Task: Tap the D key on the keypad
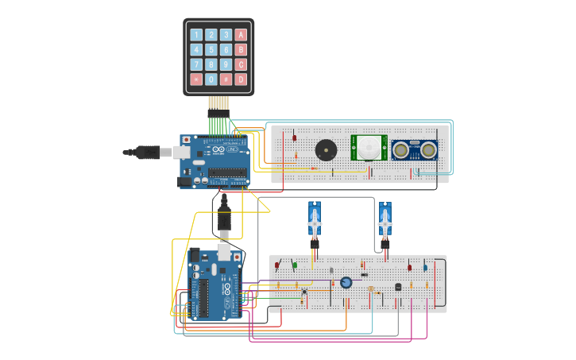click(x=241, y=79)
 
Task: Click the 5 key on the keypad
click(x=211, y=49)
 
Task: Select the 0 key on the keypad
click(x=211, y=79)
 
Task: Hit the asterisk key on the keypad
click(x=196, y=79)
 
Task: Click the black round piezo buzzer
click(x=325, y=149)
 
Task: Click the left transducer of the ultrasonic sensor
click(x=402, y=149)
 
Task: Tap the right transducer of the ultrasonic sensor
click(x=429, y=149)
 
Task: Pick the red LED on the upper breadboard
click(x=295, y=138)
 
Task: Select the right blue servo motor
click(x=385, y=220)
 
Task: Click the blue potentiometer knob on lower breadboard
click(x=346, y=282)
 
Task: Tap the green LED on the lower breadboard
click(x=295, y=265)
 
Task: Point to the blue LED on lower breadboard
click(x=425, y=268)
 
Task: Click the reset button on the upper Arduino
click(x=187, y=140)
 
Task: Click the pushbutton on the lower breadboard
click(x=303, y=292)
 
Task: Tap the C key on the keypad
click(x=241, y=64)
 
